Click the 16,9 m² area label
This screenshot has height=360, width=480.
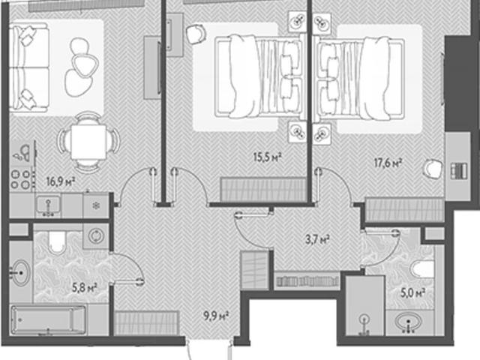[x=61, y=181]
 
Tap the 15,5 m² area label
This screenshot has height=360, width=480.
[x=267, y=157]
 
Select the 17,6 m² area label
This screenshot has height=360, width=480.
[x=388, y=163]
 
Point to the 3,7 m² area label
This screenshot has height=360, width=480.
[x=317, y=239]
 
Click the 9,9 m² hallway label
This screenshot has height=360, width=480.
[x=217, y=315]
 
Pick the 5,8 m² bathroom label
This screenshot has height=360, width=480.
[x=85, y=288]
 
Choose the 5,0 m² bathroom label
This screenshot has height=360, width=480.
[x=413, y=293]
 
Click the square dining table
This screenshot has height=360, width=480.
[x=88, y=142]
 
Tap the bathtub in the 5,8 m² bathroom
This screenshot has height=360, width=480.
[x=48, y=320]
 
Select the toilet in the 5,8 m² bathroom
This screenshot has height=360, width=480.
[x=57, y=241]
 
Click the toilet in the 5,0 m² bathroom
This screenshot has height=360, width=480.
[x=423, y=268]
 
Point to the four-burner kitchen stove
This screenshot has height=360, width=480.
[x=20, y=179]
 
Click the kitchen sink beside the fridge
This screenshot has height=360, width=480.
[x=48, y=205]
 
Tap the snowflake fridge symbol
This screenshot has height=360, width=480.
[x=96, y=205]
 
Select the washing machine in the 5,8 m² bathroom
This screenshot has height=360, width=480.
[x=96, y=236]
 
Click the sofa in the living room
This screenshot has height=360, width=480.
[x=29, y=68]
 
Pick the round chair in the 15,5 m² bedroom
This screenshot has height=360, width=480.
[x=195, y=34]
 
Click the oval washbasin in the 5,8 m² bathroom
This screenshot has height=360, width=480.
[x=20, y=273]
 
